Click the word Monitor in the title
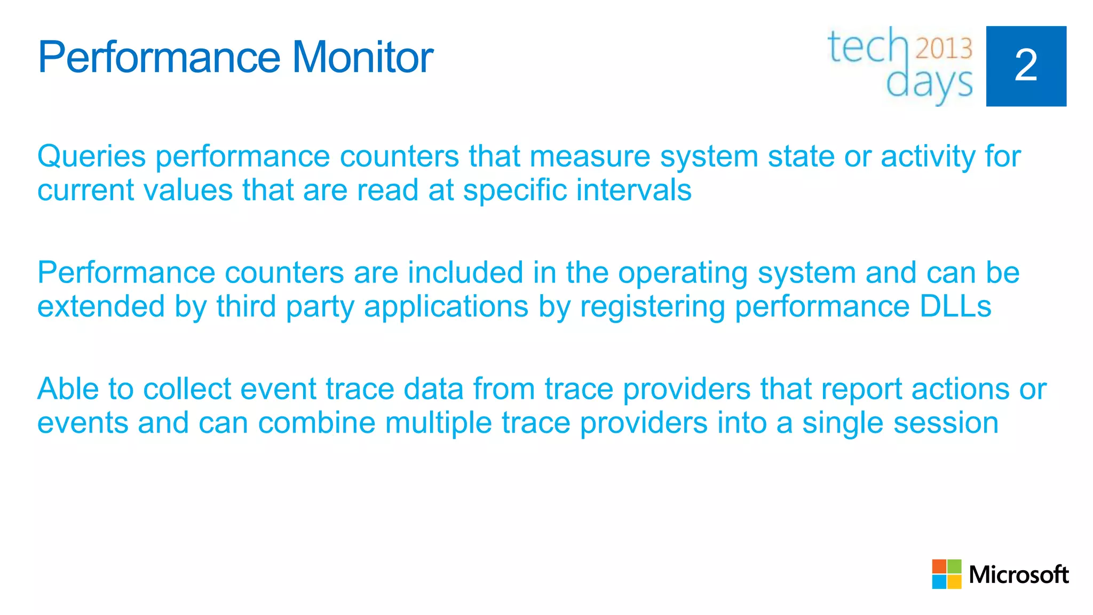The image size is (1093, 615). tap(362, 57)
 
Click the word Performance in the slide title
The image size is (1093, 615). tap(159, 57)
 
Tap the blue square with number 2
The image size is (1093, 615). tap(1026, 66)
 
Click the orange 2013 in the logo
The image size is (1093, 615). tap(944, 49)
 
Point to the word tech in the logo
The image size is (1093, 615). tap(867, 47)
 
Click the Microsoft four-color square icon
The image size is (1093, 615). tap(946, 574)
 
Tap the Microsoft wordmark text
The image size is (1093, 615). tap(1018, 575)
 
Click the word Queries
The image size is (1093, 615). tap(91, 156)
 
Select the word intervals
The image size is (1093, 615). tap(633, 190)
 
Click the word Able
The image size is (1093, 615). tap(68, 389)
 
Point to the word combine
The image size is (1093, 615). tap(316, 423)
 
